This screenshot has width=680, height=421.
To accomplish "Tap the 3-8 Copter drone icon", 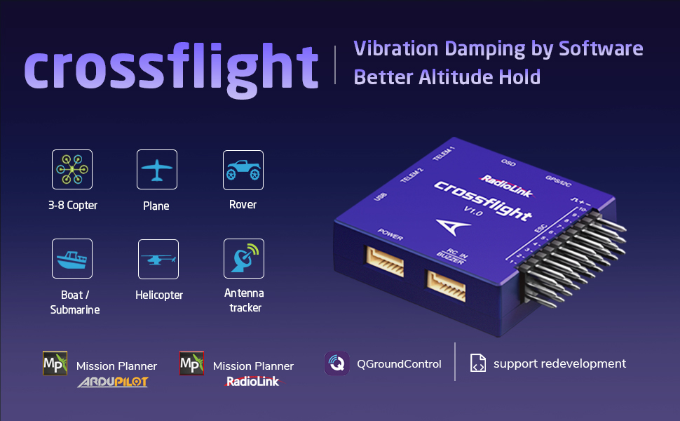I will (x=72, y=169).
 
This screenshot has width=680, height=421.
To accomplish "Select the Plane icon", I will (x=156, y=169).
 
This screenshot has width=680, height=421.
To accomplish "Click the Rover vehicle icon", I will (x=243, y=169).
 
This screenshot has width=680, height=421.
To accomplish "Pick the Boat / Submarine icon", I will (x=72, y=258).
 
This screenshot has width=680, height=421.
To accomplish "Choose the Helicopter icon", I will (x=158, y=259).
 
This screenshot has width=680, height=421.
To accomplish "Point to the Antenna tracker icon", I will (x=243, y=258).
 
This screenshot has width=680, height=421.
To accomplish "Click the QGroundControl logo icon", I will (x=337, y=363).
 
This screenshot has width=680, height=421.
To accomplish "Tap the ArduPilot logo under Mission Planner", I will (x=113, y=382).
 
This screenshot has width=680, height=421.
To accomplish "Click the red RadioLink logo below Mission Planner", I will (x=252, y=381).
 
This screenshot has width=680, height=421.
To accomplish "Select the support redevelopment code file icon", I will (x=478, y=363).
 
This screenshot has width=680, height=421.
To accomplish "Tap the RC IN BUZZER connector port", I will (x=446, y=285).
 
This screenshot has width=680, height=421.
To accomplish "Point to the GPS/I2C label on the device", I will (x=559, y=179).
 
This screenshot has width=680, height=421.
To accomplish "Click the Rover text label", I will (x=243, y=205).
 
